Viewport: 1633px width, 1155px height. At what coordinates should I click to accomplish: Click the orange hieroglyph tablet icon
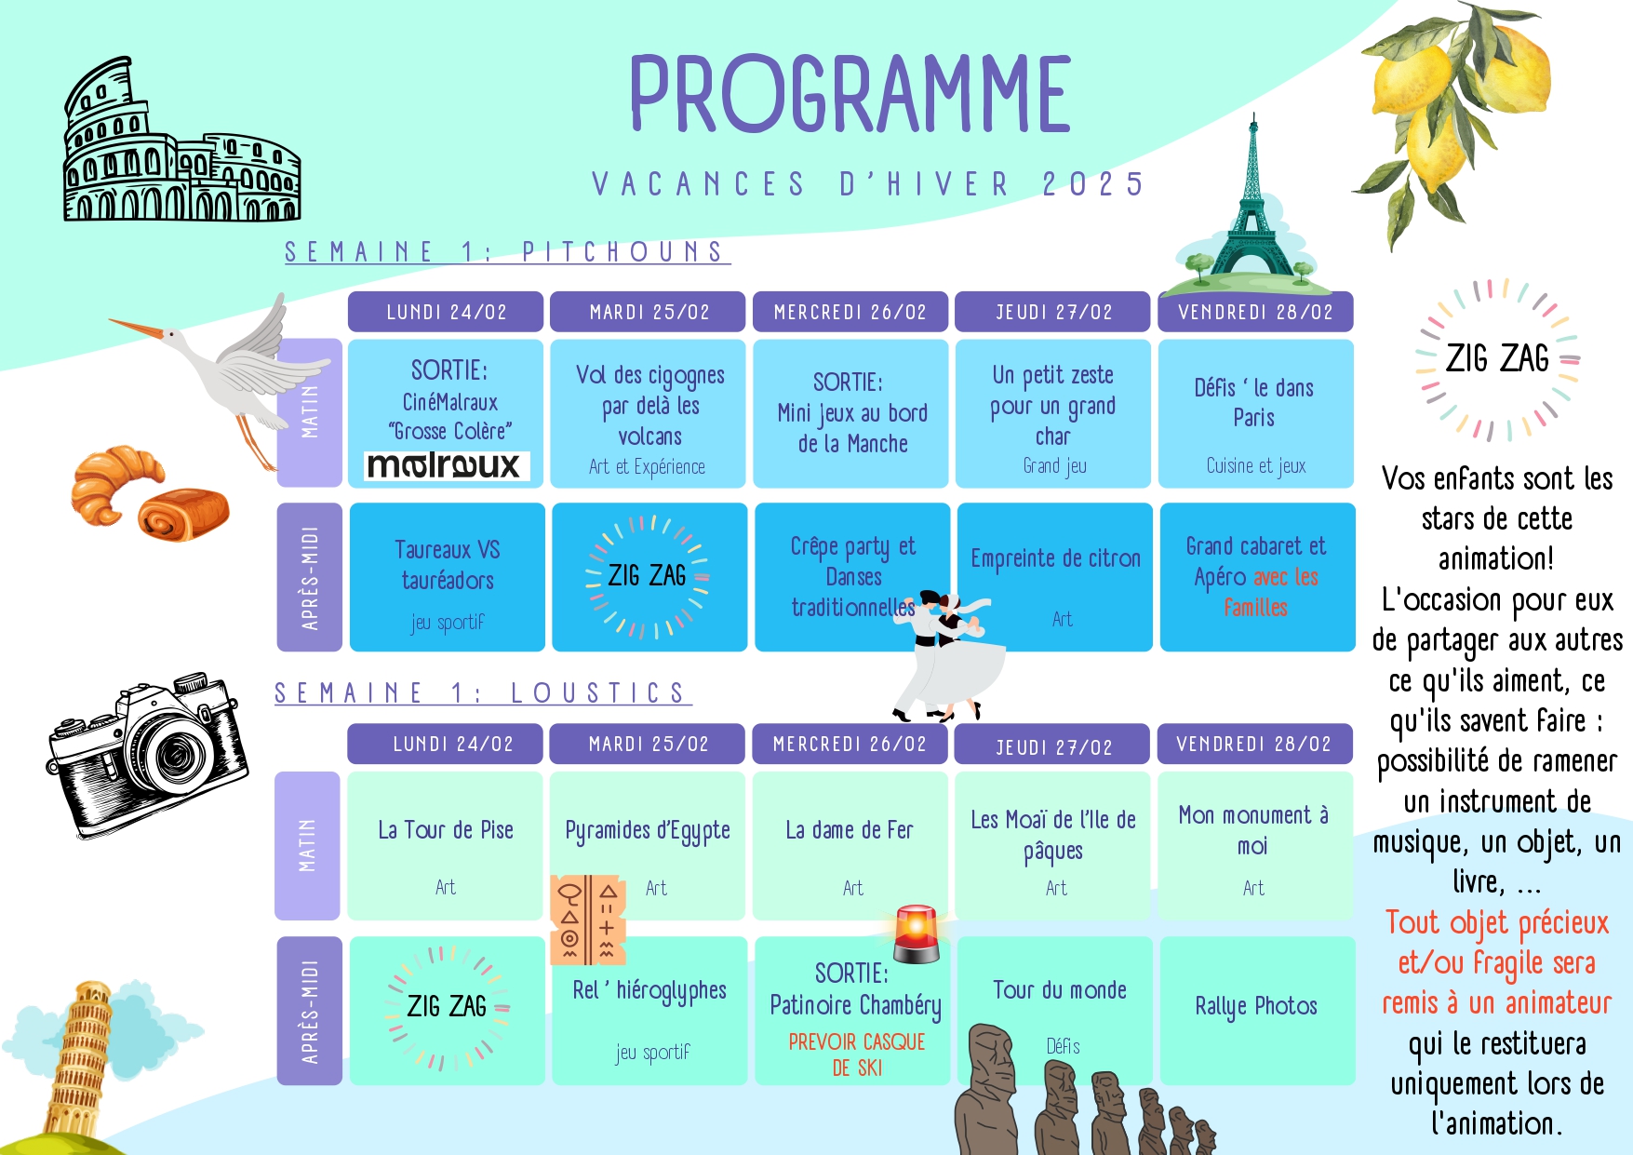coord(588,919)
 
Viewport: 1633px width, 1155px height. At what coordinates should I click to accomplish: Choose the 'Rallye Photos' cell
coord(1257,1011)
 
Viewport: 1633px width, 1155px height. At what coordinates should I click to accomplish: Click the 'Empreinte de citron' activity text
coord(1055,558)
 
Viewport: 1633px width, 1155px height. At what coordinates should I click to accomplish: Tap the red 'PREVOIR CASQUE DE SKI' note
coord(857,1054)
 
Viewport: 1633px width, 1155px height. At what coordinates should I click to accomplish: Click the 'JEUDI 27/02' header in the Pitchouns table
coord(1053,312)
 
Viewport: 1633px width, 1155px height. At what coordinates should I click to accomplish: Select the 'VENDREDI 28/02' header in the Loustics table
coord(1254,744)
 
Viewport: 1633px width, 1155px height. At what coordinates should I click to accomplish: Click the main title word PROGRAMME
coord(850,93)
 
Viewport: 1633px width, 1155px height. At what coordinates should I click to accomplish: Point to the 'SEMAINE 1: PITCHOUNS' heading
coord(507,252)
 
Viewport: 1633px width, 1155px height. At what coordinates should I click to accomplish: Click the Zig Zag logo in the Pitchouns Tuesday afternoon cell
coord(648,577)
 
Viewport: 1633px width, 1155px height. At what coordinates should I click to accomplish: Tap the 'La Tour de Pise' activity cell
coord(445,845)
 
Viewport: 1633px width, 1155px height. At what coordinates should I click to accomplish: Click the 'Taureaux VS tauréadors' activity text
coord(448,565)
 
